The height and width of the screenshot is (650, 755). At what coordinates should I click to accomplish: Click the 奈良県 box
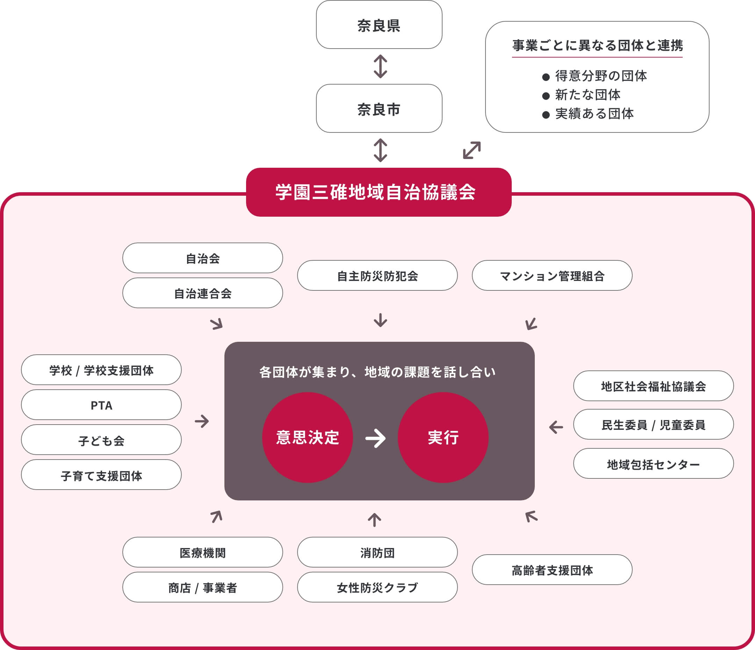(379, 25)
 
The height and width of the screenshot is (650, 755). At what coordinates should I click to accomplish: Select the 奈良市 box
(379, 109)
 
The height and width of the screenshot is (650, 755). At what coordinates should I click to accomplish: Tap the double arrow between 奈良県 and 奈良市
(380, 66)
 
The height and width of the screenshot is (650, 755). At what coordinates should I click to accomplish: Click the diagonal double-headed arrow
(472, 150)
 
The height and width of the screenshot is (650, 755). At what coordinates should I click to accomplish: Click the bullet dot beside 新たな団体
(546, 96)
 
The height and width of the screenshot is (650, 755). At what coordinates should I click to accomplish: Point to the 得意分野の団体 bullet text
(601, 76)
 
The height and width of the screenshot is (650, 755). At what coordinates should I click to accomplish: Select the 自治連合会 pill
(203, 293)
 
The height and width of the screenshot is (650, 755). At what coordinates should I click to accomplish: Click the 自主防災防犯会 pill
(377, 275)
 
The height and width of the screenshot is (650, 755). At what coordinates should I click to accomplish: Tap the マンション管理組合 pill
(552, 275)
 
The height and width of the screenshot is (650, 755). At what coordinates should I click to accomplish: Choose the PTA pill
(101, 405)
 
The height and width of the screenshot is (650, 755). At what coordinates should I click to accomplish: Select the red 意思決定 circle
(307, 437)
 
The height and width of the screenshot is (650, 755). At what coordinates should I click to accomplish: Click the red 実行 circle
(443, 437)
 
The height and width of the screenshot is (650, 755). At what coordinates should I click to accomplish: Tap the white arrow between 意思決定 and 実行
(375, 438)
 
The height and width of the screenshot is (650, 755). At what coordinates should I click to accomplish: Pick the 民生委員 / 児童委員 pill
(653, 425)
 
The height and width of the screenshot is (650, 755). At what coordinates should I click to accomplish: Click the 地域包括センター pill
(653, 463)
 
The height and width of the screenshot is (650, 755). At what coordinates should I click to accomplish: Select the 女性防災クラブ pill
(377, 587)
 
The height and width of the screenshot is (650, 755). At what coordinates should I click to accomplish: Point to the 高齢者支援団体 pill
(552, 570)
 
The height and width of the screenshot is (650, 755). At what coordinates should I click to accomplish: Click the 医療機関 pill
(203, 552)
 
